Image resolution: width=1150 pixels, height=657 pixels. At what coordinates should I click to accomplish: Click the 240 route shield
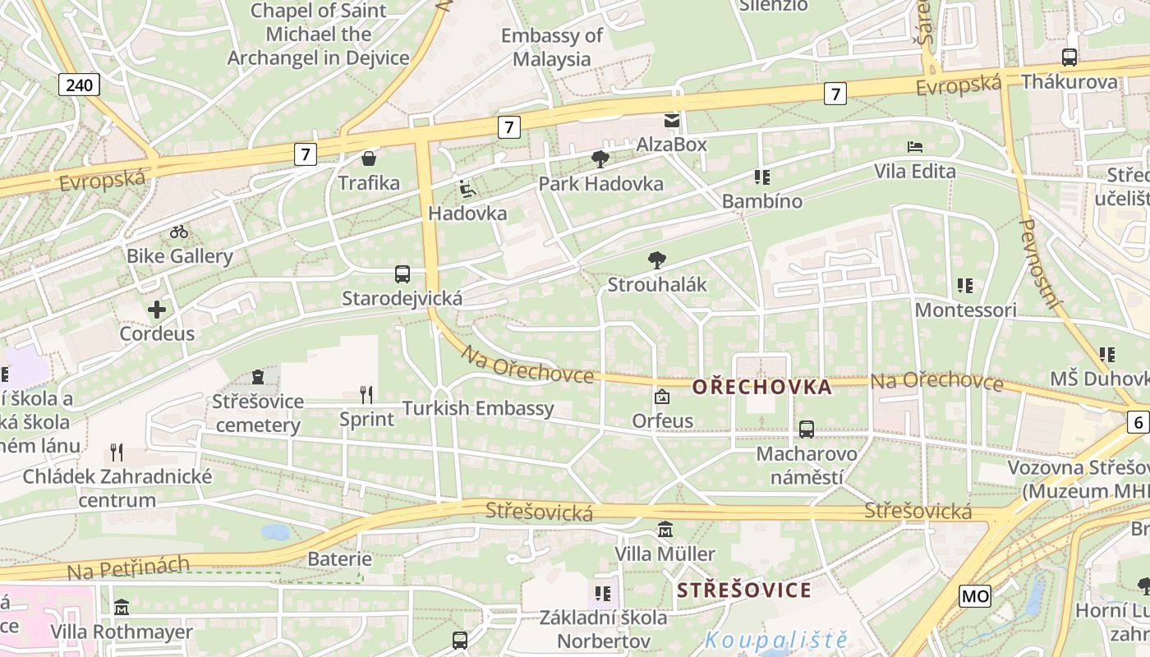pos(80,84)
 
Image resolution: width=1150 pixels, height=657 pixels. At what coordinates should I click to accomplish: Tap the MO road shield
pos(975,595)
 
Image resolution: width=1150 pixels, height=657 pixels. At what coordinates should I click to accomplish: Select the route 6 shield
pos(1138,422)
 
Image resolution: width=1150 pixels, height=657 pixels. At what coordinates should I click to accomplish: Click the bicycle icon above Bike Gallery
pos(179,232)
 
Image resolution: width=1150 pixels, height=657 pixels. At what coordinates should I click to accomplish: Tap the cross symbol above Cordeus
pos(156,310)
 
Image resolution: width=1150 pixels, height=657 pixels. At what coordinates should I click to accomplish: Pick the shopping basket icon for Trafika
pos(369,159)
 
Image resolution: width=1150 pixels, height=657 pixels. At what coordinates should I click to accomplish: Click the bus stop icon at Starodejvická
pos(402,274)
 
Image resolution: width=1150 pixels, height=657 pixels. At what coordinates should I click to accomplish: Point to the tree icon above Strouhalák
pos(656,260)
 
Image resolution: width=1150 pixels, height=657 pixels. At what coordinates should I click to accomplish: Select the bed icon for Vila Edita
pos(915,147)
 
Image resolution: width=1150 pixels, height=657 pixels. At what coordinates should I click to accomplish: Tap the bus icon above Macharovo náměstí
pos(807,429)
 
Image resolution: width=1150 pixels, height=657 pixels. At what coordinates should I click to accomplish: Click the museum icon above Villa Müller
pos(665,530)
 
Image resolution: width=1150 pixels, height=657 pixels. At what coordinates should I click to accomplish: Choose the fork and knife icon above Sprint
pos(366,395)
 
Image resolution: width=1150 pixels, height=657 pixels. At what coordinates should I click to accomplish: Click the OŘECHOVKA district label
pos(761,387)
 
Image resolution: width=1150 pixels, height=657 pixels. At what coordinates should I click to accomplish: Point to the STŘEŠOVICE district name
pos(744,590)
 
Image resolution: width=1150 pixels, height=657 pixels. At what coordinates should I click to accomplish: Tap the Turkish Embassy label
pos(478,408)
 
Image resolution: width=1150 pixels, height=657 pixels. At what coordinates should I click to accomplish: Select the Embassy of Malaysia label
pos(552,47)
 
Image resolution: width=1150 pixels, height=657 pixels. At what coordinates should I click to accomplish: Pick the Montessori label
pos(965,310)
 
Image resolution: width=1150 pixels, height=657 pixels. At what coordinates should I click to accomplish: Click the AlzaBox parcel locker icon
pos(672,122)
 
